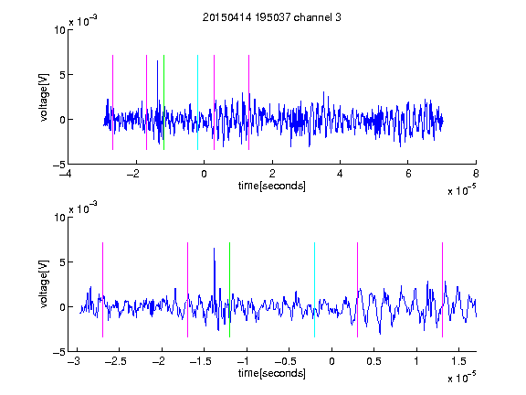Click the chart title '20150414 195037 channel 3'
click(272, 17)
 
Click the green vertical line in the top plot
click(163, 102)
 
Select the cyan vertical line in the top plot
click(197, 102)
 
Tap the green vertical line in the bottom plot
click(229, 290)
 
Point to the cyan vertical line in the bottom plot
click(314, 290)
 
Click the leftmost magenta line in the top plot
click(112, 102)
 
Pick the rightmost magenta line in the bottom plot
click(442, 290)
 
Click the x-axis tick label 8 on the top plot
click(476, 174)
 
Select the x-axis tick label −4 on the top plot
click(66, 174)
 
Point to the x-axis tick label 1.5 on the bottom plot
click(458, 361)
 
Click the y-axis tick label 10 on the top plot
click(59, 30)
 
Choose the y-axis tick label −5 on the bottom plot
click(59, 352)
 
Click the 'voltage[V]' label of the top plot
click(44, 98)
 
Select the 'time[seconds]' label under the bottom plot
click(272, 373)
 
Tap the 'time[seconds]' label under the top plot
click(272, 186)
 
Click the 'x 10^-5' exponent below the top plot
click(461, 190)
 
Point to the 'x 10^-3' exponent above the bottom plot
click(83, 208)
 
